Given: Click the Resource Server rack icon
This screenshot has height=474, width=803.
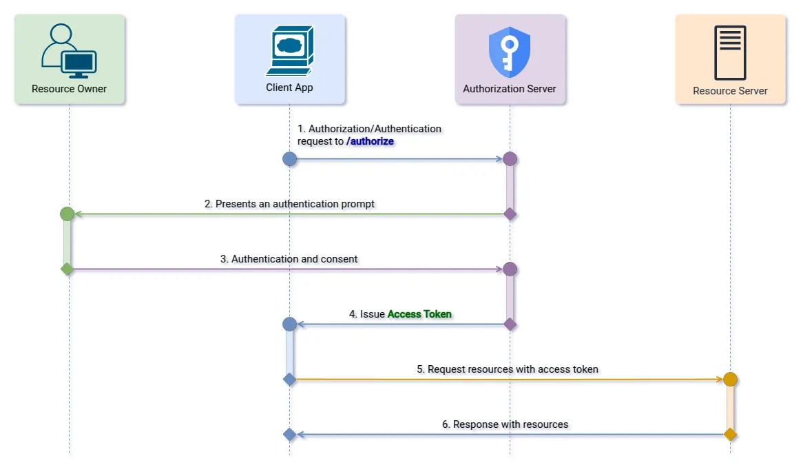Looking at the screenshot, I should (x=730, y=52).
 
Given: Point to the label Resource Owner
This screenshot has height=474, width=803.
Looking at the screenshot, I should (x=69, y=89).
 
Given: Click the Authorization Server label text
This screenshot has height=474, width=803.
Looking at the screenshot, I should (x=510, y=89).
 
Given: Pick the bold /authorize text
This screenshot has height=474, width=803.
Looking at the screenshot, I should (x=370, y=141).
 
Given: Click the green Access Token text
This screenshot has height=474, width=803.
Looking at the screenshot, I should (x=419, y=314).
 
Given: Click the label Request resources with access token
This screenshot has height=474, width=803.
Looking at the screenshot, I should (x=508, y=369).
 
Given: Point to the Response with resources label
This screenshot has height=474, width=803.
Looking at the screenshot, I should (x=505, y=424).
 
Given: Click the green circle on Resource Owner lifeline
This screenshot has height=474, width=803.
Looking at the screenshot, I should (x=67, y=214).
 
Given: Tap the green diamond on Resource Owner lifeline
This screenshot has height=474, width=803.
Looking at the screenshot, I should (x=67, y=269).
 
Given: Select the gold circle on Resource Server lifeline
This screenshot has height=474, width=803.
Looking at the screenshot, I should (x=731, y=380).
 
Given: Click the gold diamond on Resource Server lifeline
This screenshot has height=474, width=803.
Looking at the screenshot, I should (x=731, y=435).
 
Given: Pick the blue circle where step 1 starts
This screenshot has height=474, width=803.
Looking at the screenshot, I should (x=290, y=159).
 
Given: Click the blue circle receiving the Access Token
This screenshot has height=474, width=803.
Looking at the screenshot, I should (x=290, y=324).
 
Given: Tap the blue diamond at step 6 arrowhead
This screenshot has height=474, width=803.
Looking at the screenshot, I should (x=290, y=435).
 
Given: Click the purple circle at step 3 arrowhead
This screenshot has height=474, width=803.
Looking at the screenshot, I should (x=510, y=269).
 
